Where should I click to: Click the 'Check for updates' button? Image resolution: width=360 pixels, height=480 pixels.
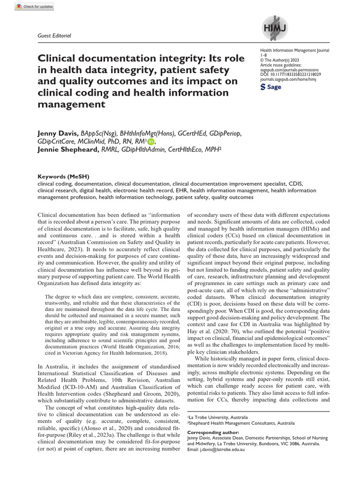click(x=35, y=7)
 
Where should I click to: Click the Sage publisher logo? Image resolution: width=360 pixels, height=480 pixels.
click(x=270, y=87)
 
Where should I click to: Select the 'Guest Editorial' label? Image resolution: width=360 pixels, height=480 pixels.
click(x=54, y=36)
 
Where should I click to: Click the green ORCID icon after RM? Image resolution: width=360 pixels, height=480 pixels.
click(x=150, y=142)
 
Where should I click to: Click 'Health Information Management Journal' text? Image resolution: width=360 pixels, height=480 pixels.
click(x=294, y=50)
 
